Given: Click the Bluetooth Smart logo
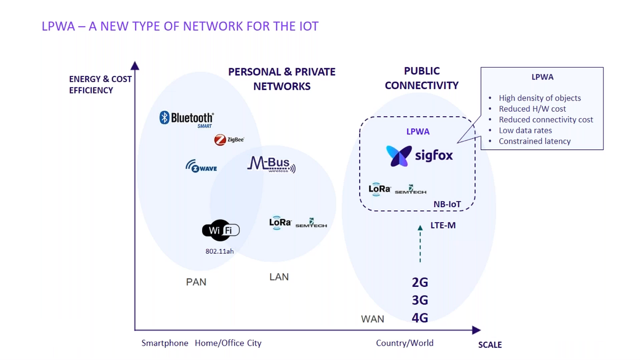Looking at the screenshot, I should click(x=186, y=118).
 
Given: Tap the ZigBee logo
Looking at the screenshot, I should click(x=229, y=140).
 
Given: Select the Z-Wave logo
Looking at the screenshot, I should click(x=201, y=167).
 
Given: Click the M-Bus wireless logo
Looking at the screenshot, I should click(x=271, y=165).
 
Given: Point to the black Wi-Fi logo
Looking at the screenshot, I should click(x=220, y=231).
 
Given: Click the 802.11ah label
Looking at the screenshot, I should click(x=219, y=251).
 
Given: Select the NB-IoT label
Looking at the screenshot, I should click(x=447, y=204).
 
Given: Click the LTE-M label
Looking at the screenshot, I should click(x=443, y=226).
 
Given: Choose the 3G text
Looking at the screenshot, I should click(x=420, y=300).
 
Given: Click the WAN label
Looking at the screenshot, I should click(x=373, y=319).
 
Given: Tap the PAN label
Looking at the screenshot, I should click(x=196, y=282).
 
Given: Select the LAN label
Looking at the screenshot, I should click(x=279, y=277).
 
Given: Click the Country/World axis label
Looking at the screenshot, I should click(x=405, y=343).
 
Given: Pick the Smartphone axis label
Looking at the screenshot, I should click(x=165, y=343).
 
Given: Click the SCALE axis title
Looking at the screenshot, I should click(x=490, y=345).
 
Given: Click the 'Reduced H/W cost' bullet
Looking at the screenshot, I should click(x=532, y=109).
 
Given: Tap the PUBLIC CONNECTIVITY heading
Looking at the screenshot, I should click(x=421, y=78).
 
